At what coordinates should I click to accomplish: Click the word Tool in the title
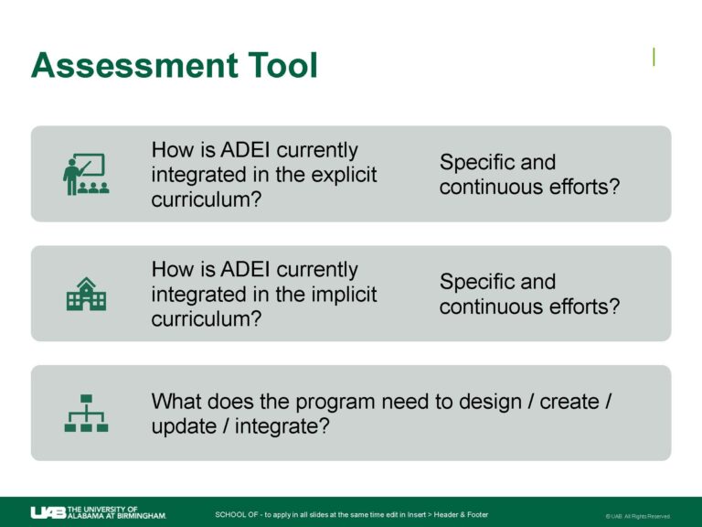point(284,66)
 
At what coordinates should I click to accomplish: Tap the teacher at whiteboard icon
point(86,174)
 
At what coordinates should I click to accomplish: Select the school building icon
point(86,294)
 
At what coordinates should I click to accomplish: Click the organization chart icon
point(86,413)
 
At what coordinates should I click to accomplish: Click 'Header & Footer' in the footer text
point(461,514)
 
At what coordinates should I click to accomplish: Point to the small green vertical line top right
point(654,57)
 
